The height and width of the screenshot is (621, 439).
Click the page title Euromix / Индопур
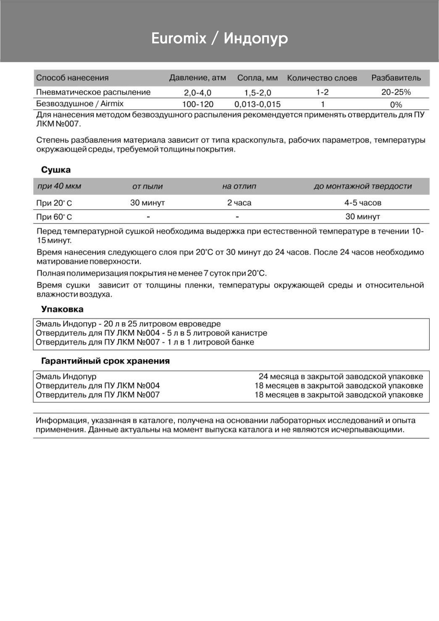[219, 38]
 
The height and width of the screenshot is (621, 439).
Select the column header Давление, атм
[198, 78]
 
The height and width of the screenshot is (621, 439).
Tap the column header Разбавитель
[396, 78]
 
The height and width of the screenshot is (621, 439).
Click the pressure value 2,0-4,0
[198, 93]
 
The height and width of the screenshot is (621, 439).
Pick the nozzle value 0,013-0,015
[258, 104]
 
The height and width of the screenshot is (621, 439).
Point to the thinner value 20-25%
[396, 92]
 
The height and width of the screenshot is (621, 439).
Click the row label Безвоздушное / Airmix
[80, 104]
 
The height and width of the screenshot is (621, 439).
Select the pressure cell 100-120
[198, 104]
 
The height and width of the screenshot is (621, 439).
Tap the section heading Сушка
[56, 170]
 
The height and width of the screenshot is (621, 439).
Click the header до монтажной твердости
[363, 187]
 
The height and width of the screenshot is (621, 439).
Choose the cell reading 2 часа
[239, 203]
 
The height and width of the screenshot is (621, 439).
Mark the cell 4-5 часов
[363, 203]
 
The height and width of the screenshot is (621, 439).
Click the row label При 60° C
[54, 217]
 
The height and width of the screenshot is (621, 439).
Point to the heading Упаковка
[62, 309]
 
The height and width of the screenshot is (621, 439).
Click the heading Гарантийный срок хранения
[105, 361]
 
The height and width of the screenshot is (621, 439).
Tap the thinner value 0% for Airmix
[396, 105]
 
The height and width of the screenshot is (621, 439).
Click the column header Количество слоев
[322, 78]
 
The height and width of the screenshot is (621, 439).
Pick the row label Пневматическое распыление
[93, 92]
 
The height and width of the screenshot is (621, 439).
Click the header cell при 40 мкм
[59, 186]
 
